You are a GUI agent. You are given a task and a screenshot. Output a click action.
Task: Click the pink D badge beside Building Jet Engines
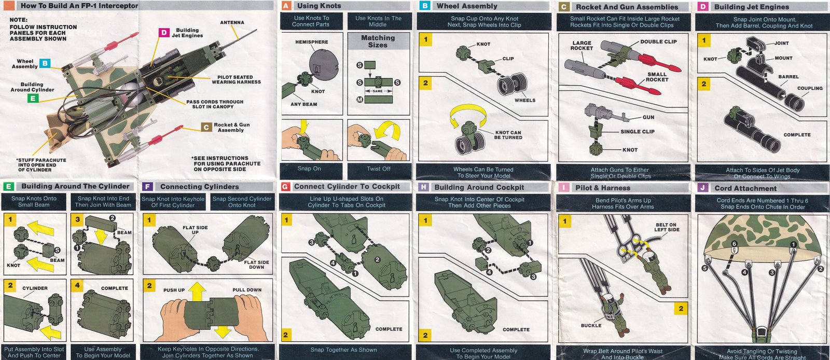tap(163, 33)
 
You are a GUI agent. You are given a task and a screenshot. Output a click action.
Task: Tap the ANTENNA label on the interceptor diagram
tap(232, 23)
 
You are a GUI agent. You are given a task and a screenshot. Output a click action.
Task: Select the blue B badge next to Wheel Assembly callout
tap(45, 63)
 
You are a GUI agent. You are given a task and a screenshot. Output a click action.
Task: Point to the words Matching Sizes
tap(378, 41)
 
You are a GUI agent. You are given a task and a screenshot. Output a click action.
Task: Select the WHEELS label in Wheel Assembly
tap(524, 100)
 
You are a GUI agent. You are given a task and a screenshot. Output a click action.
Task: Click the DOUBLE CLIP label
tap(658, 42)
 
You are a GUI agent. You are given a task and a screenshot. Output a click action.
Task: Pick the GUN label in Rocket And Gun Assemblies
tap(648, 117)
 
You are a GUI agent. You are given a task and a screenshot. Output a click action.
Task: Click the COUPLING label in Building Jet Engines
tap(810, 89)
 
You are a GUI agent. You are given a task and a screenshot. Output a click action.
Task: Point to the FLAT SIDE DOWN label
tap(256, 265)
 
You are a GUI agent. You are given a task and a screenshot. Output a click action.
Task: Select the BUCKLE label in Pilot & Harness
tap(591, 326)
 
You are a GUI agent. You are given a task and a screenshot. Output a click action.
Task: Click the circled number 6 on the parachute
tap(734, 244)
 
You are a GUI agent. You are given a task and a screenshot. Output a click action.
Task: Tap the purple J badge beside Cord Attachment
tap(702, 188)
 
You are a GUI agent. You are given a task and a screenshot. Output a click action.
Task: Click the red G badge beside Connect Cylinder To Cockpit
tap(285, 187)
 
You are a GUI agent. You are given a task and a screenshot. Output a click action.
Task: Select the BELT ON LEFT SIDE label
tap(666, 227)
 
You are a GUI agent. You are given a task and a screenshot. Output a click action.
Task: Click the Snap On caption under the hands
tap(309, 169)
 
